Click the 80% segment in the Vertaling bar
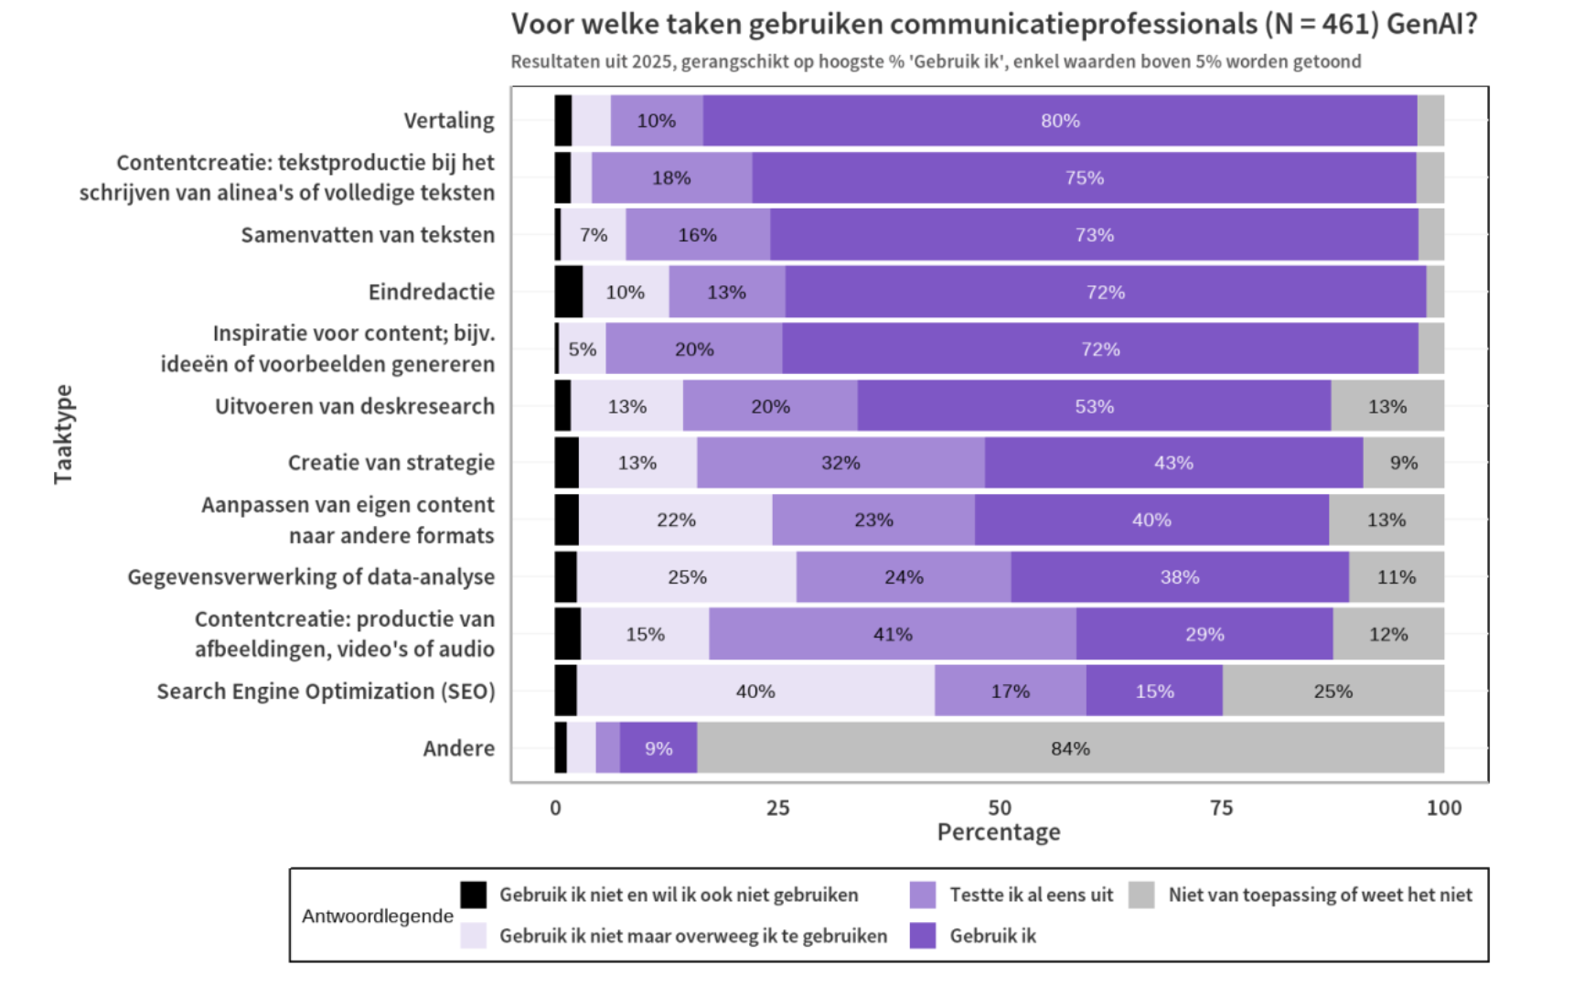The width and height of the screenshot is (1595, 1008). (1060, 121)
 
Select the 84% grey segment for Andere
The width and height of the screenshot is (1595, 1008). (1070, 748)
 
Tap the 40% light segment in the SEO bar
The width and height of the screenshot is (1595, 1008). (755, 692)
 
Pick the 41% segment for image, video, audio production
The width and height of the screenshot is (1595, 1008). (893, 635)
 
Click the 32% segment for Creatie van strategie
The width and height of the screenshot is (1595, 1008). (840, 463)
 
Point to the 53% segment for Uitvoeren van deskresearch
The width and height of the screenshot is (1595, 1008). (1094, 406)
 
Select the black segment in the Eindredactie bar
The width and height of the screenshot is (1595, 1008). (569, 292)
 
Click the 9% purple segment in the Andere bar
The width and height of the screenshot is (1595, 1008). (658, 748)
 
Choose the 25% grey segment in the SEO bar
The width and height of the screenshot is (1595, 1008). (1333, 692)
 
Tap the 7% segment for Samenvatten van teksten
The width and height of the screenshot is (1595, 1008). (594, 235)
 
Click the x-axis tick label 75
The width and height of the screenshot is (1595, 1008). (1221, 808)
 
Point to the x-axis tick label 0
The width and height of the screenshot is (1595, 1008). (555, 808)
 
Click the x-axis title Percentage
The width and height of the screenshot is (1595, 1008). (999, 832)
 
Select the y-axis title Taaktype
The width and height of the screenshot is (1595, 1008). (63, 434)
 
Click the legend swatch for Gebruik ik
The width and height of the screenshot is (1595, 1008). (923, 936)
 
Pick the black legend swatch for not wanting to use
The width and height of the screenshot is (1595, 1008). (473, 895)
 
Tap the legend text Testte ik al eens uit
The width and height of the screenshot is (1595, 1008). (1031, 895)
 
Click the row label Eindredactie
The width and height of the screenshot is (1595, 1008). (431, 292)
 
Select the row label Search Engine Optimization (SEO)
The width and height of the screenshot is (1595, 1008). (326, 692)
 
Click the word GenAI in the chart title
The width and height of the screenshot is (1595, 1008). (1430, 24)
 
